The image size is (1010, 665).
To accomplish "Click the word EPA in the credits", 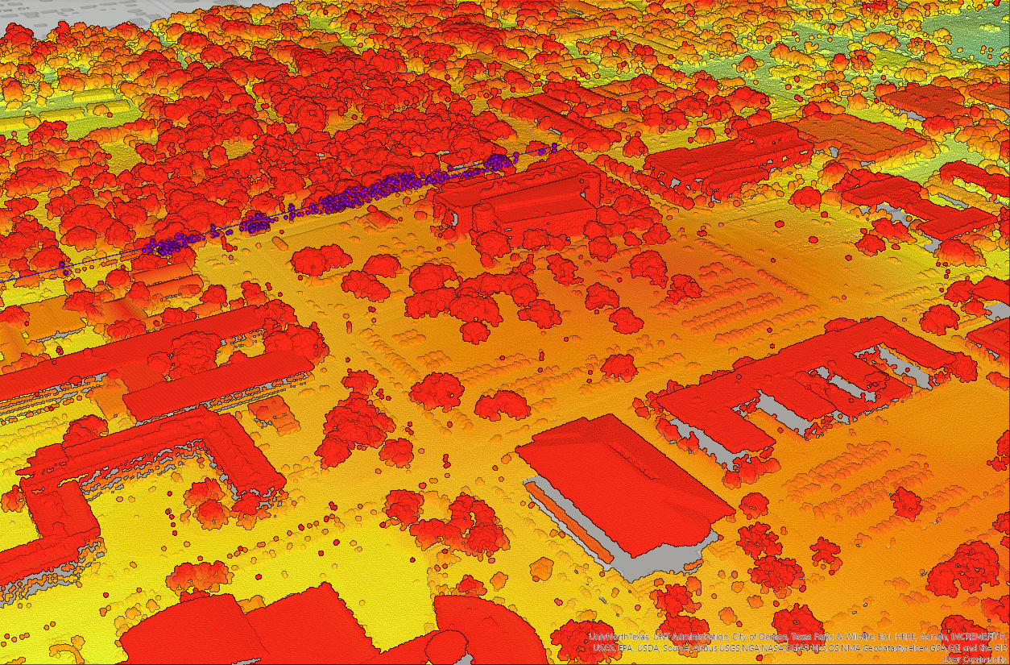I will point(623,648).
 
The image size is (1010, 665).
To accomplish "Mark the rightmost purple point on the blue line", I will point(555,148).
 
